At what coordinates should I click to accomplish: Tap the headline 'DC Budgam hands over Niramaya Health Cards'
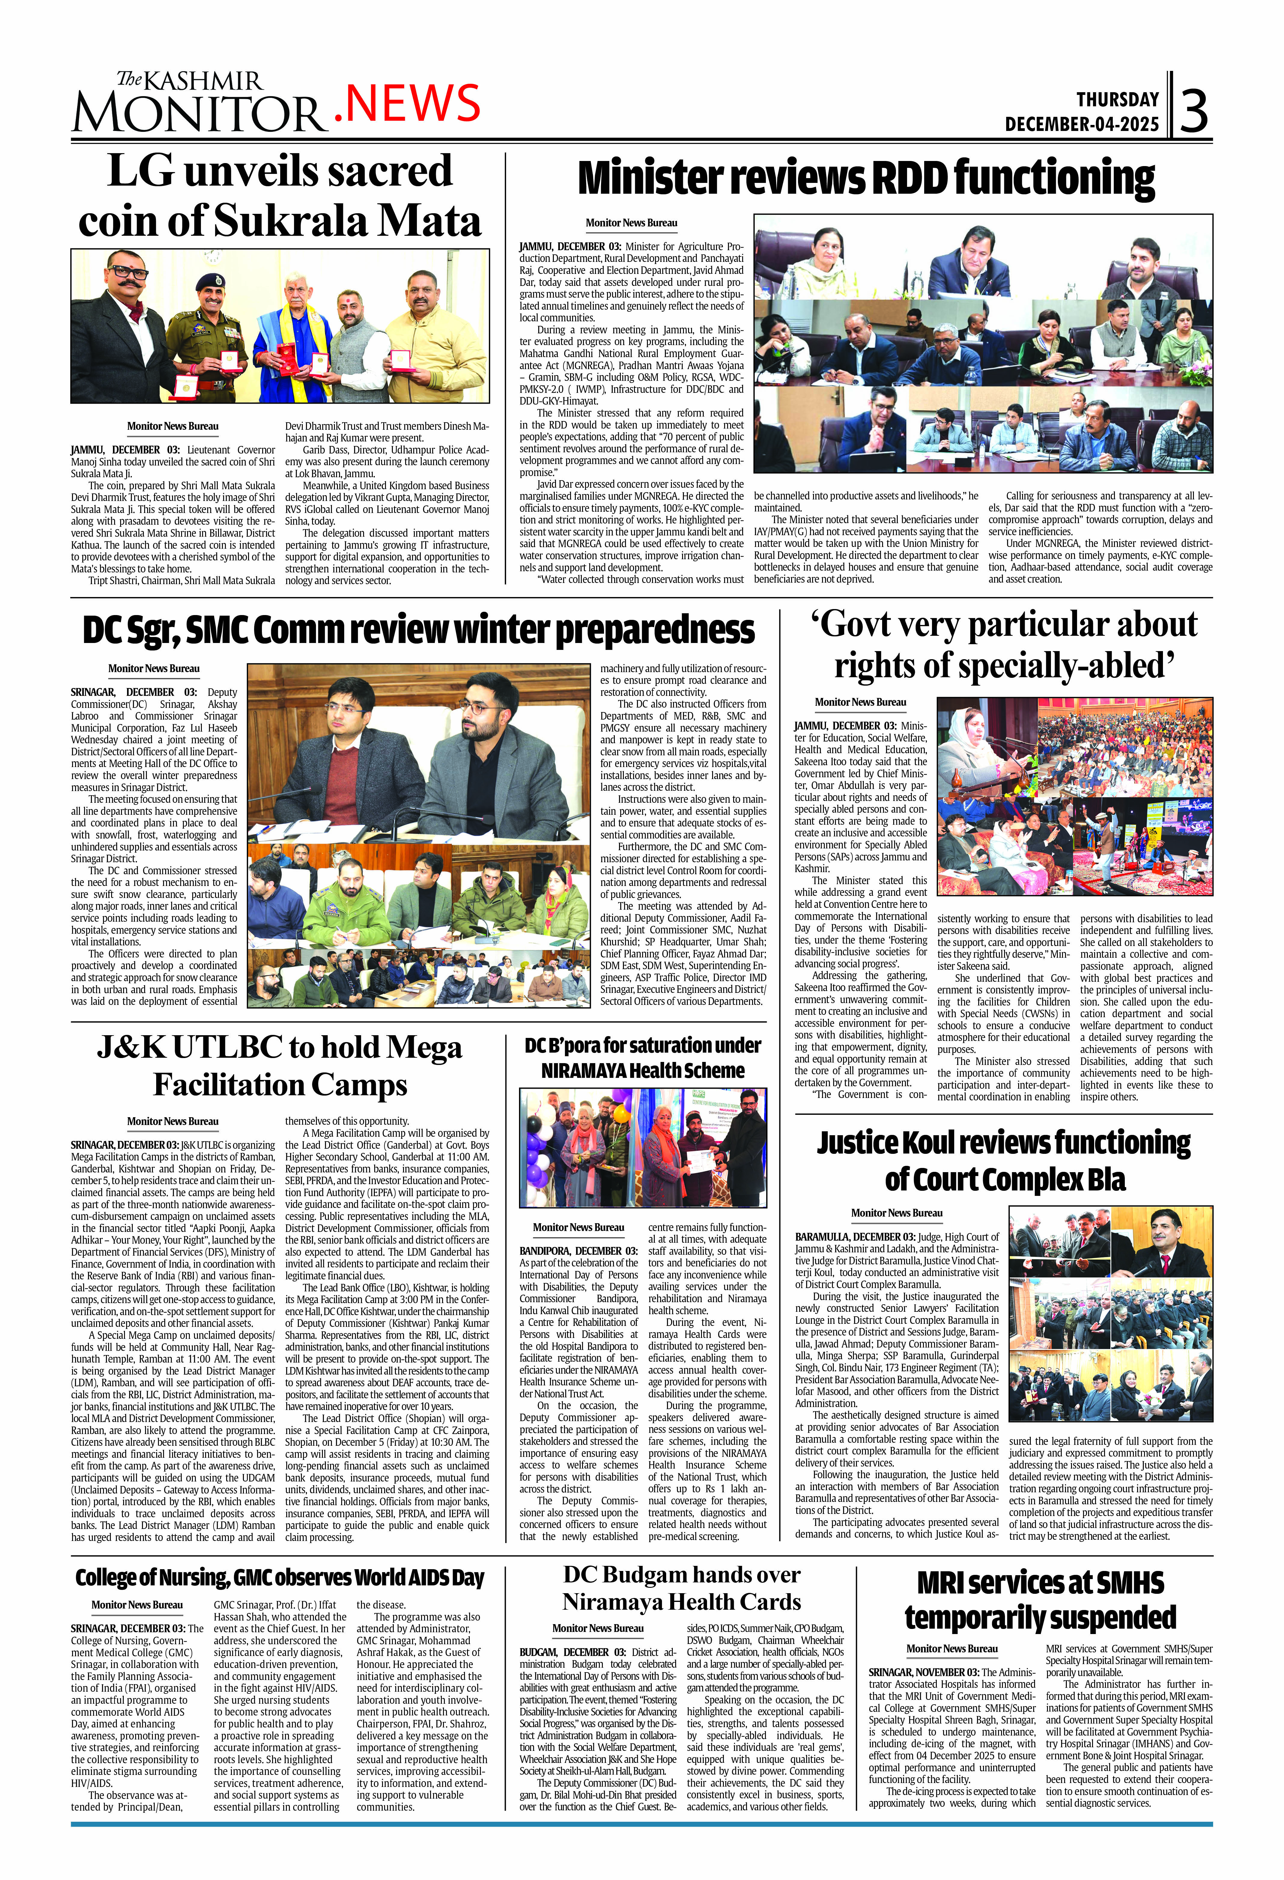[x=681, y=1588]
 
